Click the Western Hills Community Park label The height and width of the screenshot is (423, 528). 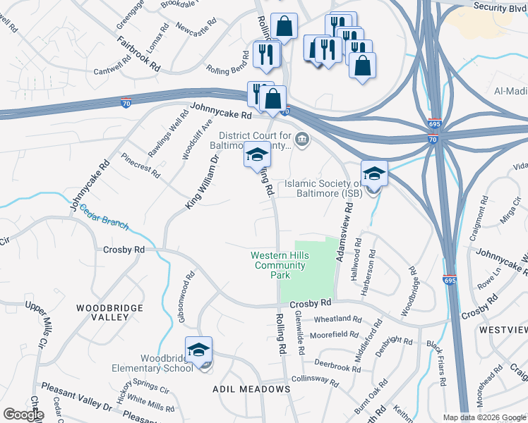[279, 265]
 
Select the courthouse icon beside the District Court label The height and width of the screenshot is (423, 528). [301, 137]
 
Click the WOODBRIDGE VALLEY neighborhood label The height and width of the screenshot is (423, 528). [109, 312]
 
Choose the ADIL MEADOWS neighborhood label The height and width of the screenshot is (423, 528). [251, 389]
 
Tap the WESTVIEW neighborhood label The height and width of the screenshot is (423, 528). [503, 329]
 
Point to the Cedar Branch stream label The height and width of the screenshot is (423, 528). [104, 216]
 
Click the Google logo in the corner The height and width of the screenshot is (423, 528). [23, 415]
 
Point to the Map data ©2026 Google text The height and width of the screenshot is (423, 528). [484, 417]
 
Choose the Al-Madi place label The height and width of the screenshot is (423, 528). [510, 92]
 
